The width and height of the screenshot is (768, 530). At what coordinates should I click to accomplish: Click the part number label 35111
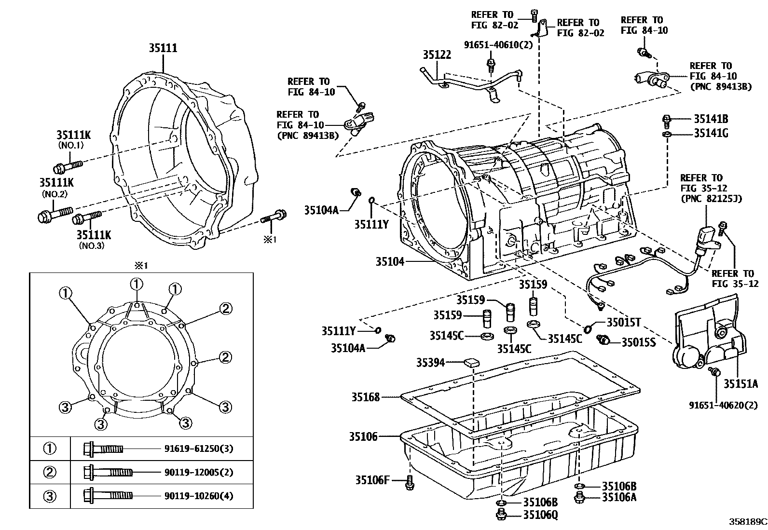tap(163, 48)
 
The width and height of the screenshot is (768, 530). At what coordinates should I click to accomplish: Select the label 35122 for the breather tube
tap(437, 54)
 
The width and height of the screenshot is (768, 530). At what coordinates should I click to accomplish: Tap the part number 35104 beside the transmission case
tap(390, 261)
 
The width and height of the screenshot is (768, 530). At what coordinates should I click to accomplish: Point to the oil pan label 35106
tap(363, 436)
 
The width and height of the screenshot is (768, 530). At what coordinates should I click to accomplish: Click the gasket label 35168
tap(366, 397)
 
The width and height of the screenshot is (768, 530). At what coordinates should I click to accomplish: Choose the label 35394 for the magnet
tap(430, 362)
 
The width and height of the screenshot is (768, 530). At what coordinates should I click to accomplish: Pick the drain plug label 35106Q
tap(540, 515)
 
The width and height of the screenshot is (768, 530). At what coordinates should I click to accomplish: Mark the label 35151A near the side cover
tap(741, 383)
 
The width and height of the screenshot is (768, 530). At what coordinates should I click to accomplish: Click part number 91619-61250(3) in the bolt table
tap(199, 448)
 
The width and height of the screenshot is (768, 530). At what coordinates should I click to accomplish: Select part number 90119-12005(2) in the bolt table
tap(199, 473)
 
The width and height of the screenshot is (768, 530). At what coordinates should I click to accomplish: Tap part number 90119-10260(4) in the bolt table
tap(199, 496)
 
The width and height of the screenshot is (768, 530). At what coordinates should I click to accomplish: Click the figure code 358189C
tap(748, 521)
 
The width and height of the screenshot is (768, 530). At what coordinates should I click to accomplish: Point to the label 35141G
tap(711, 133)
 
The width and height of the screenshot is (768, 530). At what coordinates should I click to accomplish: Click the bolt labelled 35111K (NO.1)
tap(68, 166)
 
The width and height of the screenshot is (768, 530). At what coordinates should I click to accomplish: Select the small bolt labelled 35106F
tap(410, 483)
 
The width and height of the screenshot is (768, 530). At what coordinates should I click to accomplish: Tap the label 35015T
tap(624, 322)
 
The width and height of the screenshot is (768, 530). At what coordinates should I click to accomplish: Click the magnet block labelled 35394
tap(472, 362)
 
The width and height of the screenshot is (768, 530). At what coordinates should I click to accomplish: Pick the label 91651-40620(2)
tap(723, 405)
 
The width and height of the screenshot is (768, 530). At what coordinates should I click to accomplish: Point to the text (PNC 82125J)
tap(712, 199)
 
